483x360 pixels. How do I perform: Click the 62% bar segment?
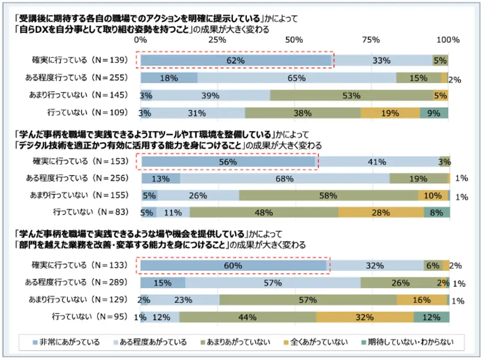[x=236, y=60]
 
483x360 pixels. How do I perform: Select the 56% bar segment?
[x=228, y=162]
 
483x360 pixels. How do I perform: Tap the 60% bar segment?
[x=234, y=265]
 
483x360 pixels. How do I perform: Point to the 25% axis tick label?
[x=217, y=40]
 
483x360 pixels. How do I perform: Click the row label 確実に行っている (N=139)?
[x=79, y=60]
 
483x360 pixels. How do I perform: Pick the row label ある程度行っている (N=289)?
[x=79, y=282]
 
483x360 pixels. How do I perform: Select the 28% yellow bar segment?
[x=381, y=212]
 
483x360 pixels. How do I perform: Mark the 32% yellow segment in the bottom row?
[x=365, y=317]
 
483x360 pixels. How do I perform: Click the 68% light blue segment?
[x=285, y=178]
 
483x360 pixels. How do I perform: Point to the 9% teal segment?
[x=434, y=113]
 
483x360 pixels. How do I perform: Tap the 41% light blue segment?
[x=377, y=162]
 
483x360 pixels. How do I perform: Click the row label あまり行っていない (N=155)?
[x=79, y=195]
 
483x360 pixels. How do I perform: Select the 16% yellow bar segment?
[x=421, y=300]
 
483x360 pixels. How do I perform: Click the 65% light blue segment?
[x=296, y=78]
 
